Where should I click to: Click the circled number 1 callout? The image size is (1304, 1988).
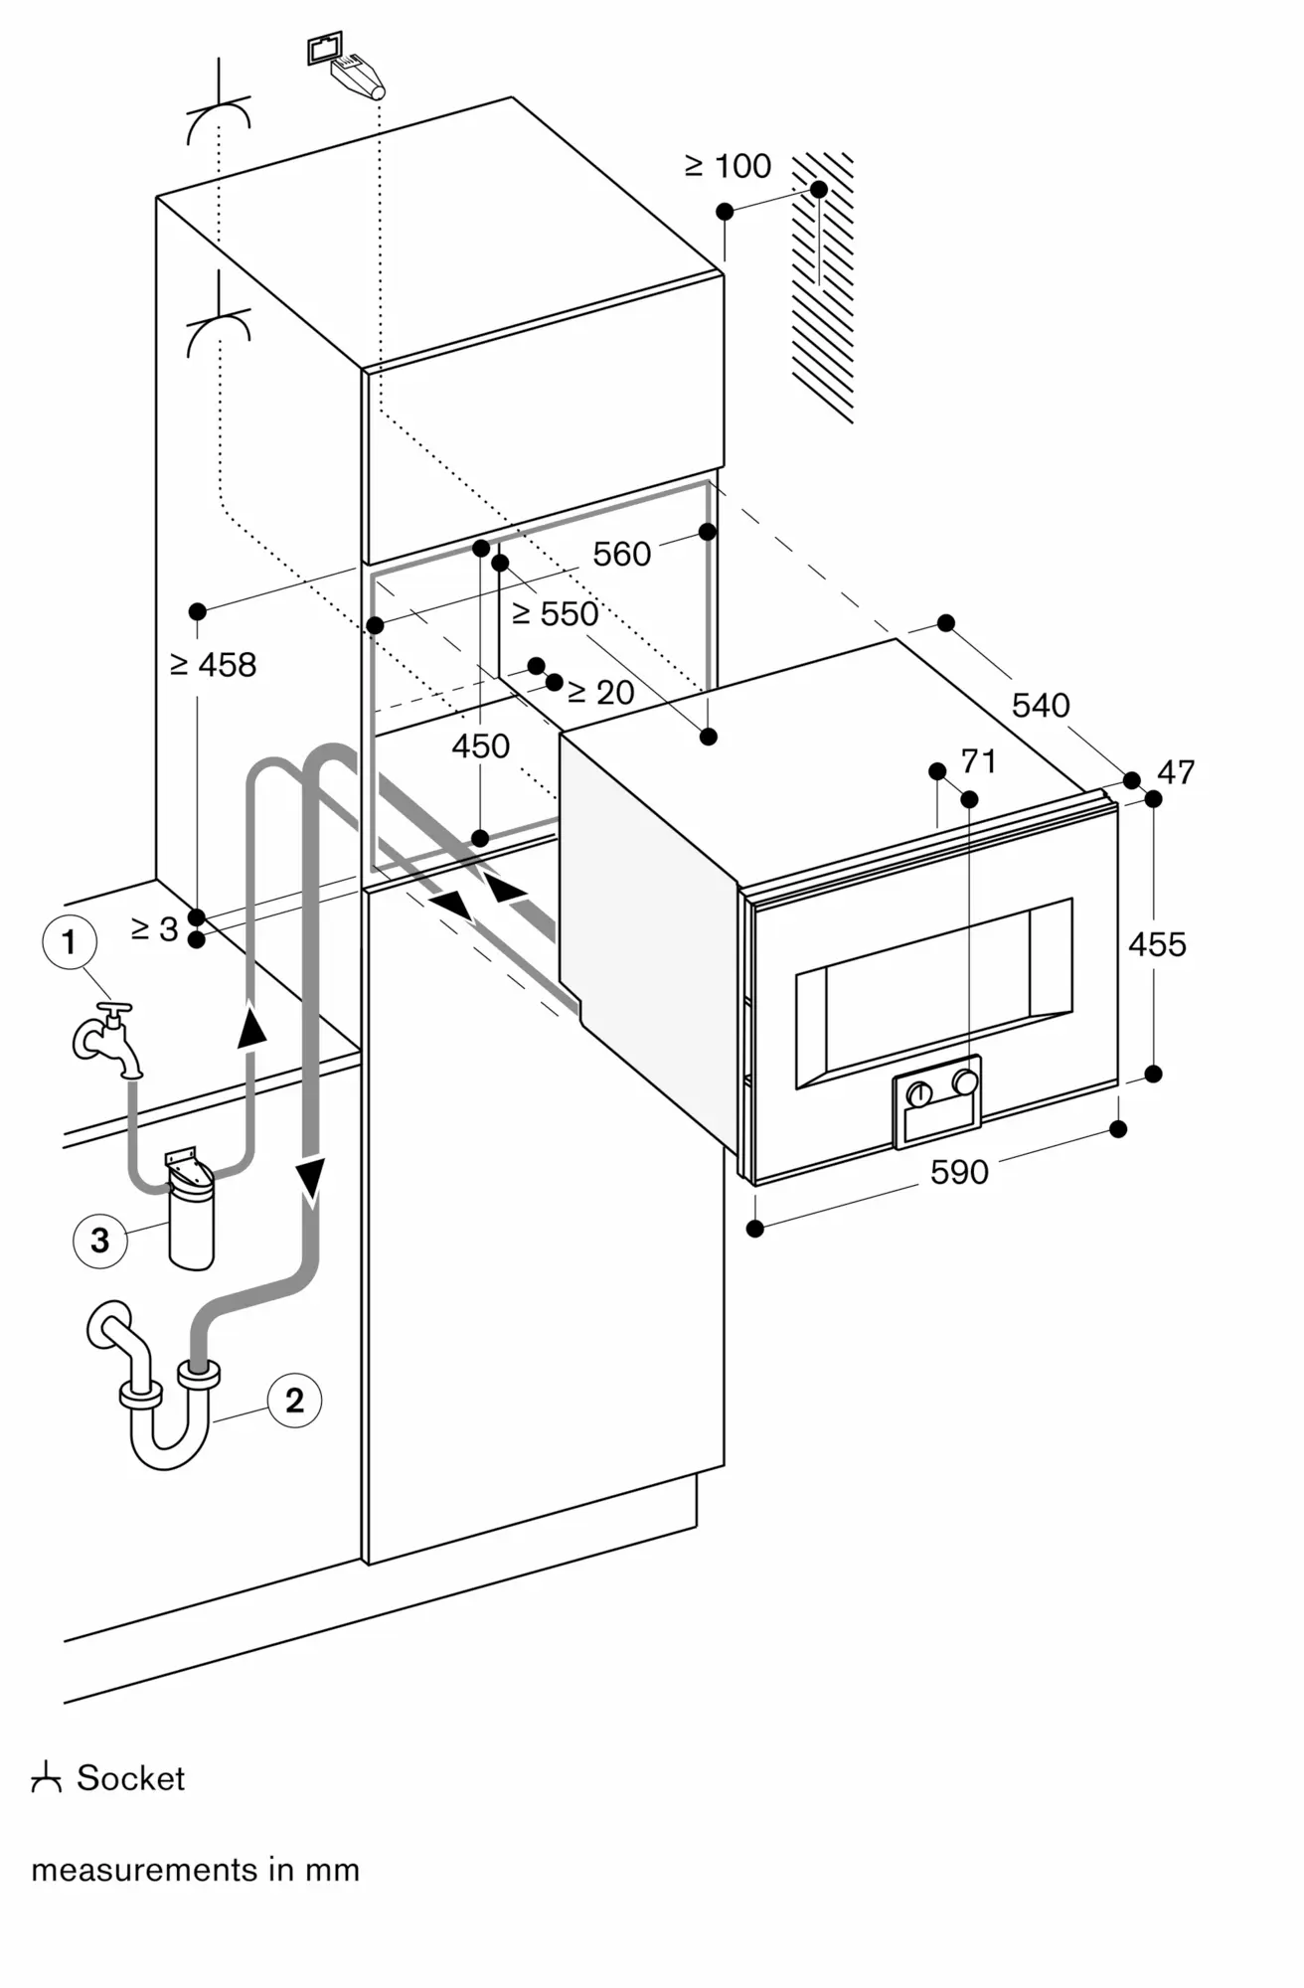coord(69,940)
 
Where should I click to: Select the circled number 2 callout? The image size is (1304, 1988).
coord(294,1401)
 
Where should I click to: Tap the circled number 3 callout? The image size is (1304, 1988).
coord(99,1241)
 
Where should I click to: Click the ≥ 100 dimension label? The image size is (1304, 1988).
coord(729,166)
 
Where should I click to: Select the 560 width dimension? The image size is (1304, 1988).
coord(621,554)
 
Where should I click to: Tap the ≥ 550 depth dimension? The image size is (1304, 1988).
coord(556,614)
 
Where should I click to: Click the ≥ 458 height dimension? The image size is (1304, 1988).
coord(214,664)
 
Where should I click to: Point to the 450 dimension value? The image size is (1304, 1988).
coord(481,745)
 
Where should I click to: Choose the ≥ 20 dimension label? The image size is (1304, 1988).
coord(600,692)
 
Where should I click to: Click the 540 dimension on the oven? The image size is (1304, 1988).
coord(1041,705)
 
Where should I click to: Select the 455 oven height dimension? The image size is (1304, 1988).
coord(1157,943)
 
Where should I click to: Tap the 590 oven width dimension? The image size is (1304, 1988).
coord(959,1172)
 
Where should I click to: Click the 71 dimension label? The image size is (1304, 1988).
coord(979,761)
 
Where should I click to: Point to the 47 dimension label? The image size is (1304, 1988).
coord(1177,771)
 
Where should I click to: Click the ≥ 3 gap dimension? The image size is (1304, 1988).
coord(154,928)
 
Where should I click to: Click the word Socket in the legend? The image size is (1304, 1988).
coord(130,1778)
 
